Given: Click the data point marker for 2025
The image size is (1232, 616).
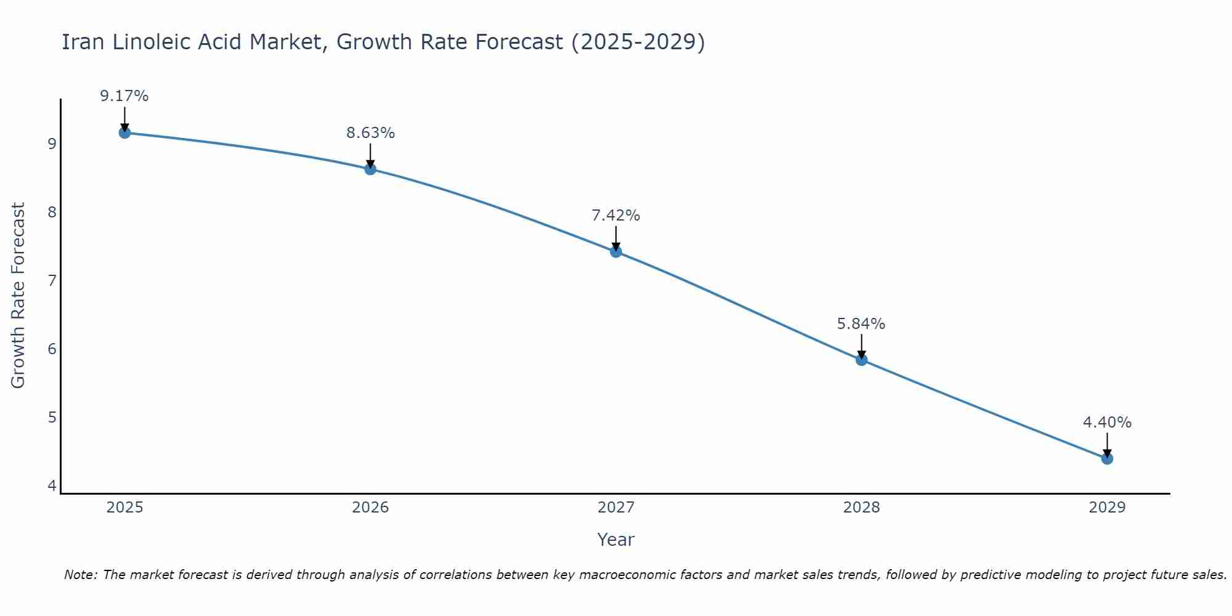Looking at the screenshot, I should click(x=124, y=132).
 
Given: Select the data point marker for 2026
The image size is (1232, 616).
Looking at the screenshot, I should click(x=370, y=169).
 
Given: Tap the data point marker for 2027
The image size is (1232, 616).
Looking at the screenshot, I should click(x=616, y=251).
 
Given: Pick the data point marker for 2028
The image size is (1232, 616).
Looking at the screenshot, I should click(x=861, y=360).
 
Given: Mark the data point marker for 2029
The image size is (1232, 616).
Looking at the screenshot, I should click(x=1107, y=458).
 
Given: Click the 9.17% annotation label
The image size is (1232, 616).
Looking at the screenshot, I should click(x=124, y=96).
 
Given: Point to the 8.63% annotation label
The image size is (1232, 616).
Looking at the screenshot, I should click(x=370, y=133).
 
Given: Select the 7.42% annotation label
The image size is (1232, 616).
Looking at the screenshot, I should click(x=616, y=216).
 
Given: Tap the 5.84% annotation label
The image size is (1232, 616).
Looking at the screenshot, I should click(x=861, y=324).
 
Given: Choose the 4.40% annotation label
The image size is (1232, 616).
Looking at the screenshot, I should click(x=1107, y=423).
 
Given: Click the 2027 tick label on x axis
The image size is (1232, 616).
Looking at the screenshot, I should click(x=616, y=508).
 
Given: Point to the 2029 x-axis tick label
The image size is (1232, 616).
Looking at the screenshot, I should click(x=1107, y=508).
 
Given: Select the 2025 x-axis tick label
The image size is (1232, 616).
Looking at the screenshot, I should click(x=124, y=508).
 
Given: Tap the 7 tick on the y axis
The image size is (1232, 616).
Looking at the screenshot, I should click(x=52, y=281).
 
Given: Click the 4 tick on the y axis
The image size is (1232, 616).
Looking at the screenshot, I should click(x=52, y=486).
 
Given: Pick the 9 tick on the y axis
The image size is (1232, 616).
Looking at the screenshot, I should click(x=52, y=144).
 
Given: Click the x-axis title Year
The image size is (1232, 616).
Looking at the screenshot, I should click(x=616, y=540).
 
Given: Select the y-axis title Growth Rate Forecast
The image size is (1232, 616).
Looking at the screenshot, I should click(x=18, y=296).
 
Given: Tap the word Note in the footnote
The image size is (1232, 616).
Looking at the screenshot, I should click(x=80, y=575).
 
